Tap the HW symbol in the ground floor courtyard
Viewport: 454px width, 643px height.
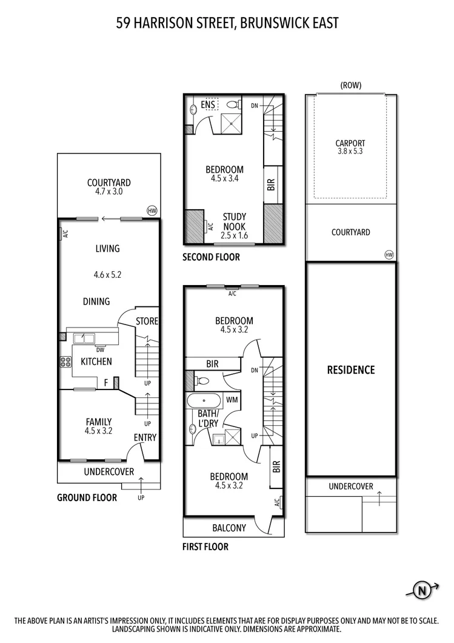point(152,210)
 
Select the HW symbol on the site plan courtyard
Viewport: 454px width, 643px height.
point(389,255)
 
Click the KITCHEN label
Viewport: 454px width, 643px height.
point(96,362)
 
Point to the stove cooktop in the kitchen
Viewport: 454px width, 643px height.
point(65,362)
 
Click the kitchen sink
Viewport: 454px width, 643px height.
point(83,338)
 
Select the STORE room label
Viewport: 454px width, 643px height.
point(146,320)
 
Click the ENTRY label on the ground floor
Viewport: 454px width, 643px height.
point(145,437)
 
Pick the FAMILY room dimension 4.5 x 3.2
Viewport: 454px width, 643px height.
point(98,431)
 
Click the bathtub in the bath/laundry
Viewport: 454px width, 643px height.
point(203,400)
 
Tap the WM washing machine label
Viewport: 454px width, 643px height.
point(232,400)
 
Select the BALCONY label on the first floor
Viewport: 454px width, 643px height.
point(229,528)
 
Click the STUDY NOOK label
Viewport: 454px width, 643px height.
point(233,221)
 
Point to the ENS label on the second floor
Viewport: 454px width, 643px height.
point(209,104)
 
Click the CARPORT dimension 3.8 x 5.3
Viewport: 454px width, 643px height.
point(350,152)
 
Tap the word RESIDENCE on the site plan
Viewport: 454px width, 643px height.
point(351,370)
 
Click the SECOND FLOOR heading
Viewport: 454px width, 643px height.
point(211,257)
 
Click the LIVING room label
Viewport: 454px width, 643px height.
point(107,248)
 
